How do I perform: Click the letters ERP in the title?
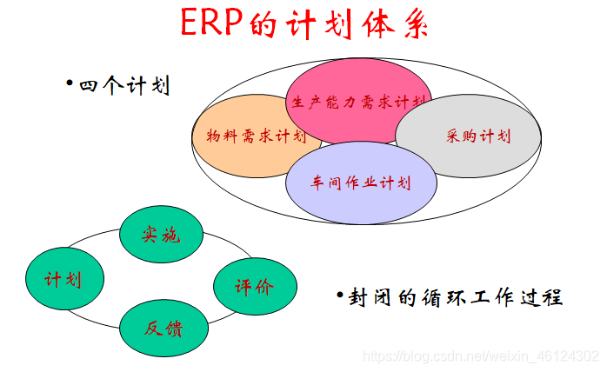212,23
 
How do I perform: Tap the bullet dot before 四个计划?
70,84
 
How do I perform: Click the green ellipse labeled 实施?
161,233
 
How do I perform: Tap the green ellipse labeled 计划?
64,279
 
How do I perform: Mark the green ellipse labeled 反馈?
163,328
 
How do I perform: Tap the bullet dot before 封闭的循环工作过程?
340,295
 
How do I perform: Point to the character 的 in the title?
270,23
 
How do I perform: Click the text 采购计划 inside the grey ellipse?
477,136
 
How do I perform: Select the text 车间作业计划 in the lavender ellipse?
361,183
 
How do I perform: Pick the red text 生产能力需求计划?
358,102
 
